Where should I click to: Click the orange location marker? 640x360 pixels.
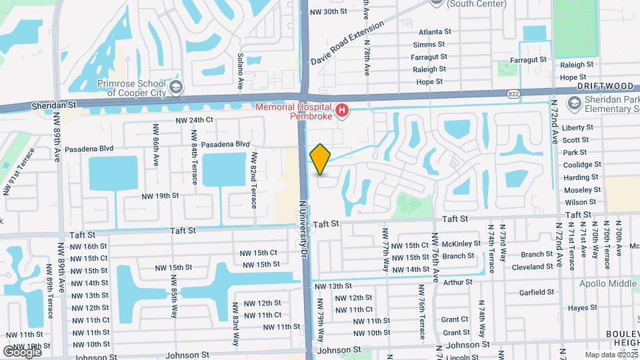click(320, 159)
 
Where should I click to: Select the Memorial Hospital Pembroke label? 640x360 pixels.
click(294, 111)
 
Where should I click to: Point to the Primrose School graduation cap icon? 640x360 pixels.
click(175, 87)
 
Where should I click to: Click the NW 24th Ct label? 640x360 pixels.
click(194, 120)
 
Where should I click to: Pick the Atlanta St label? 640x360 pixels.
click(435, 31)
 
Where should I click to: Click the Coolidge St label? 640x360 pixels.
click(581, 165)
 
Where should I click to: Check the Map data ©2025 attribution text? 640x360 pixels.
click(610, 355)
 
